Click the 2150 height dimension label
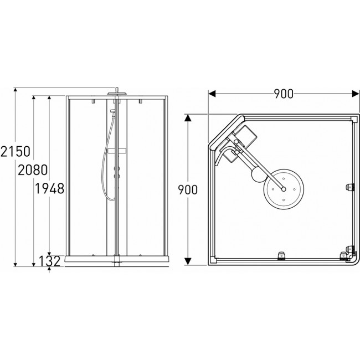coord(16,151)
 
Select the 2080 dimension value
coord(33,170)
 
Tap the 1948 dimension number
coord(49,189)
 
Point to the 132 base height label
coord(50,261)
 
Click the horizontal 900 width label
coord(284,94)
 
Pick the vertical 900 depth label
coord(188,190)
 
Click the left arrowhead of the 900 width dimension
coord(212,94)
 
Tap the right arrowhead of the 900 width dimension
coord(355,94)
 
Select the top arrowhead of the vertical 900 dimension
coord(188,118)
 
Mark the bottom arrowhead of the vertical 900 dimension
coord(188,261)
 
